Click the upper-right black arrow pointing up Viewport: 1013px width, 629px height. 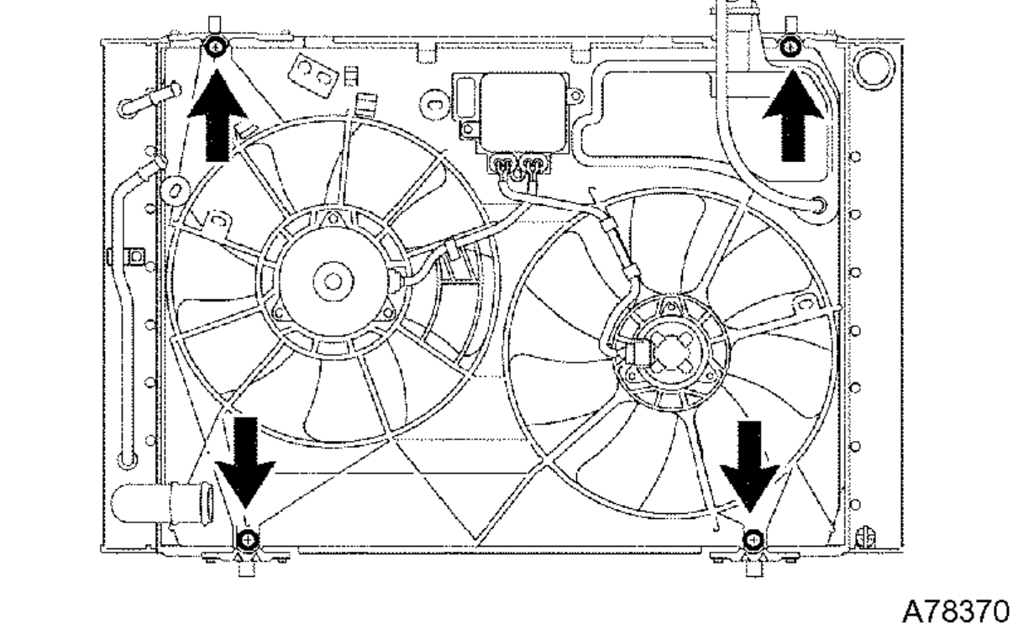(x=790, y=122)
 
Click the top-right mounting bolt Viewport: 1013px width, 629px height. (x=790, y=47)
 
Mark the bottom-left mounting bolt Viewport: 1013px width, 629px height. (x=246, y=538)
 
